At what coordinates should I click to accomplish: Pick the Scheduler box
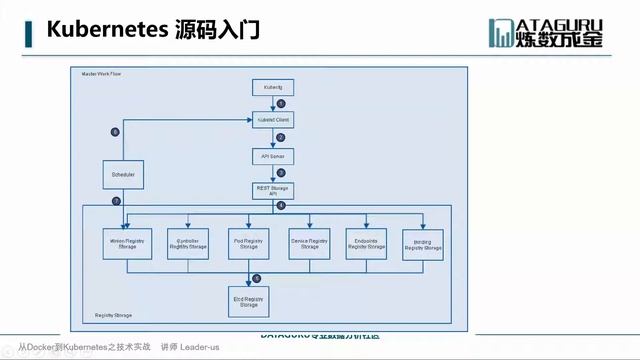point(124,176)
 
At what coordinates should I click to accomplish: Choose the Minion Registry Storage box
point(124,243)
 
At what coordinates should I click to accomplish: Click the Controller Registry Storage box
point(183,243)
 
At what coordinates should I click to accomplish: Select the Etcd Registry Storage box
point(245,300)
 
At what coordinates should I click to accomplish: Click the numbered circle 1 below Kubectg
point(282,104)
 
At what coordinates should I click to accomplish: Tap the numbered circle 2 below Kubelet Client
point(282,138)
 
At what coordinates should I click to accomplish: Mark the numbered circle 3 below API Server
point(282,173)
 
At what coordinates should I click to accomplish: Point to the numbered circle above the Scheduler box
point(115,132)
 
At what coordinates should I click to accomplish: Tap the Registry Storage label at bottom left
point(111,316)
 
